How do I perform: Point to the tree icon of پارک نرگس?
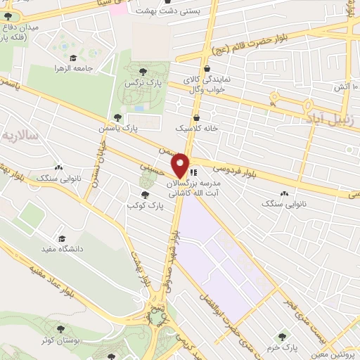[144, 72]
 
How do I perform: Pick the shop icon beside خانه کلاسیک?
[195, 117]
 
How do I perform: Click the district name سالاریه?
[20, 134]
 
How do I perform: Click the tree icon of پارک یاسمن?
[117, 117]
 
